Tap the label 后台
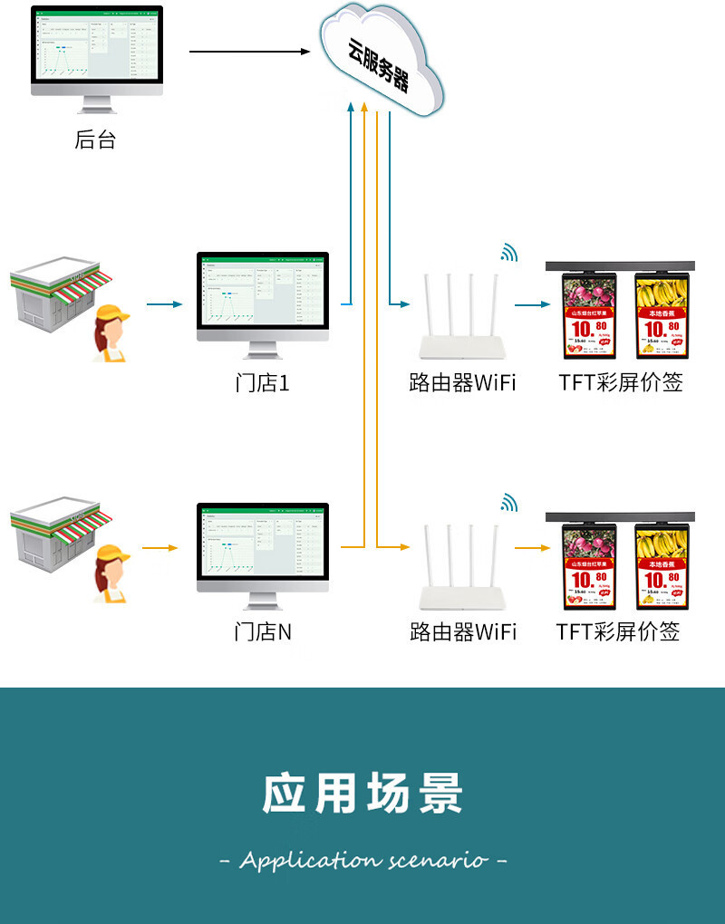tap(95, 140)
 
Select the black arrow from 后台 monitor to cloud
tap(249, 52)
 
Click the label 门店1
tap(262, 383)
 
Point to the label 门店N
tap(262, 631)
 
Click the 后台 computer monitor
tap(97, 54)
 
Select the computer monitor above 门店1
tap(262, 299)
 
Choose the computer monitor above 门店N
tap(262, 549)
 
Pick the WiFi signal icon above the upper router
tap(509, 253)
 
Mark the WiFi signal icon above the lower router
tap(509, 502)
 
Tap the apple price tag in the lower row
tap(590, 565)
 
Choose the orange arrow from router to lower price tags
tap(534, 547)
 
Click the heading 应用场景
tap(362, 794)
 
